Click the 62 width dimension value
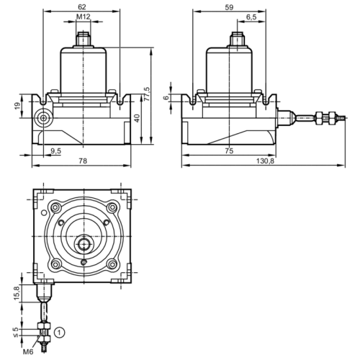point(84,6)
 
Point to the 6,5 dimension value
point(251,17)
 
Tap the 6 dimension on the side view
point(166,99)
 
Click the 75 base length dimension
point(228,150)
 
